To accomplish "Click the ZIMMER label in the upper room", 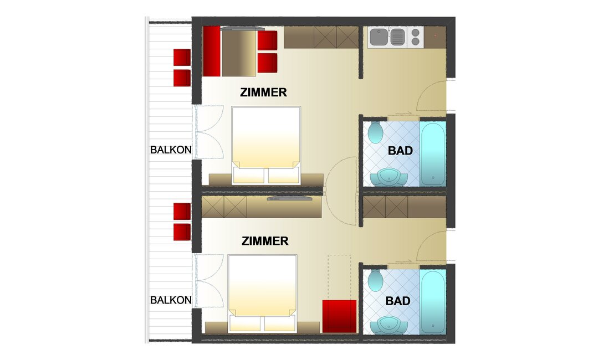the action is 264,92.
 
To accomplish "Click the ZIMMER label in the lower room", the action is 265,241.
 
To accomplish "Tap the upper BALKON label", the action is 171,150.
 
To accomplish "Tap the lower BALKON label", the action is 171,300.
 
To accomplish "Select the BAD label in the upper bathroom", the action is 400,151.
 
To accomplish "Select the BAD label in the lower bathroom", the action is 398,301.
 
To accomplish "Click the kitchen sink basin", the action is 379,37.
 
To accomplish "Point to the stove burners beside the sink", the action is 415,37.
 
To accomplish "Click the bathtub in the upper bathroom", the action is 433,154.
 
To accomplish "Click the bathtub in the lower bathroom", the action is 433,301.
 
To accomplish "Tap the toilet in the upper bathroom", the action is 375,132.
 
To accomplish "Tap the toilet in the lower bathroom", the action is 375,281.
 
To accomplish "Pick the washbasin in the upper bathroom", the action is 388,178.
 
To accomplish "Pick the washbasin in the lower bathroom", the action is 388,325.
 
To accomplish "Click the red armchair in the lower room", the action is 339,317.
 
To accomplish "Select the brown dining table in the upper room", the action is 239,53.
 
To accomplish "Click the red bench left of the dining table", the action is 211,51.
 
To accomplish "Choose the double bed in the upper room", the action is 266,145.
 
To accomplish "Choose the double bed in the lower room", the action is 263,293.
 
